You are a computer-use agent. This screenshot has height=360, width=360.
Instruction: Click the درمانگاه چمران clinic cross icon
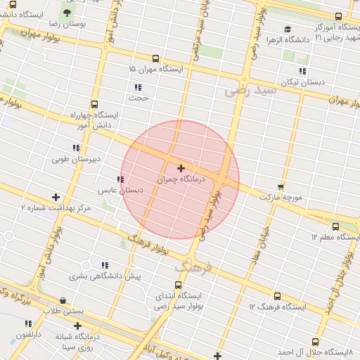pyautogui.click(x=181, y=169)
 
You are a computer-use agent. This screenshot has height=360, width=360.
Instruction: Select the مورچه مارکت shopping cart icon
pyautogui.click(x=281, y=187)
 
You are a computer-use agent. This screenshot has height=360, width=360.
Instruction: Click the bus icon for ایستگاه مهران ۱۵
pyautogui.click(x=155, y=59)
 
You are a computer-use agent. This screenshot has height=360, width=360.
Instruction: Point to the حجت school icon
pyautogui.click(x=138, y=88)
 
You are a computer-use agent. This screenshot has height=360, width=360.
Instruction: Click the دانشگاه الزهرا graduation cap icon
pyautogui.click(x=288, y=30)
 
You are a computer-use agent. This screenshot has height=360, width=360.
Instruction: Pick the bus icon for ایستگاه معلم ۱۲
pyautogui.click(x=335, y=227)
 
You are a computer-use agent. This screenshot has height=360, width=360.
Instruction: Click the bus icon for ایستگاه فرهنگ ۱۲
pyautogui.click(x=277, y=297)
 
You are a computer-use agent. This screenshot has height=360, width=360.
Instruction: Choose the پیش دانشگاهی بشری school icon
pyautogui.click(x=105, y=266)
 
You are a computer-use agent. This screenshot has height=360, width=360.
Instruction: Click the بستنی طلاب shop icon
pyautogui.click(x=64, y=300)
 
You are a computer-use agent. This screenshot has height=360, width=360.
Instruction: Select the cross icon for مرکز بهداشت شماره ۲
pyautogui.click(x=56, y=198)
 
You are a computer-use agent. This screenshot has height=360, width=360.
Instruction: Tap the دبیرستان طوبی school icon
pyautogui.click(x=76, y=148)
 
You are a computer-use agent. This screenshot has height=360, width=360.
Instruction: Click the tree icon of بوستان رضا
pyautogui.click(x=67, y=13)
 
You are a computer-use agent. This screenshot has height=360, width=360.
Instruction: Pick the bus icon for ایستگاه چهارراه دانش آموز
pyautogui.click(x=95, y=104)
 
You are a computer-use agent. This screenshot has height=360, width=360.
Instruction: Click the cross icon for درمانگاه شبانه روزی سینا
pyautogui.click(x=77, y=326)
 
